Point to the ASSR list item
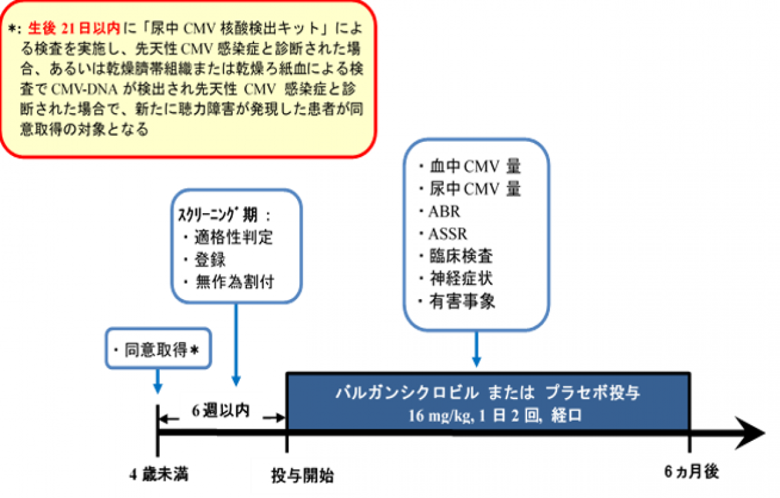click(x=448, y=233)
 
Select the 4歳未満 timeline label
click(x=157, y=474)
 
